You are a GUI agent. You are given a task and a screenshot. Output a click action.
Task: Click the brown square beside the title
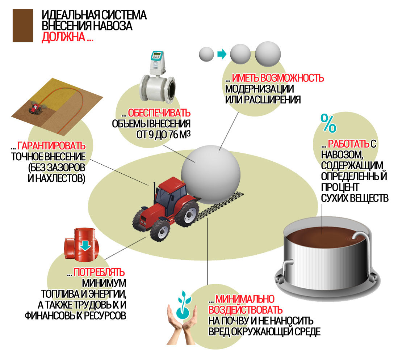23,25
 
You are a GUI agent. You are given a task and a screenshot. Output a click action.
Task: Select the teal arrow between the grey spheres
222,55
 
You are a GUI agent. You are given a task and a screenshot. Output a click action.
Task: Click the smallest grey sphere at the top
207,54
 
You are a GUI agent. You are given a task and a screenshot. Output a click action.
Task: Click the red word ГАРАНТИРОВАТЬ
51,146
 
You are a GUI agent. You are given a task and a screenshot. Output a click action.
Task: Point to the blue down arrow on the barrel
85,245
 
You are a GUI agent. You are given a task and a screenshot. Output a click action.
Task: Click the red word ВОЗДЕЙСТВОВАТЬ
245,310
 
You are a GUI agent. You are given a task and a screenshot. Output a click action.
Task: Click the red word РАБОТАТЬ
349,144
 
